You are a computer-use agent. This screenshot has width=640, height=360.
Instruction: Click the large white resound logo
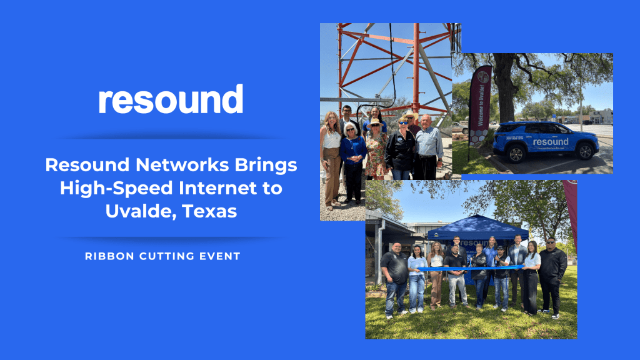pos(171,99)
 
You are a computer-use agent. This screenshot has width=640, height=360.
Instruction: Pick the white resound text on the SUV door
pos(550,142)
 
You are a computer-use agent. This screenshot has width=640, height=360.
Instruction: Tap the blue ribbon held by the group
pos(469,268)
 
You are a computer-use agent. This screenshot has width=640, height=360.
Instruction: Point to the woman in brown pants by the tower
pos(331,156)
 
